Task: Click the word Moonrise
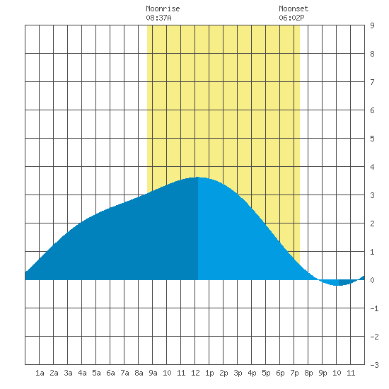click(163, 8)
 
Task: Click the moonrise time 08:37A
click(158, 18)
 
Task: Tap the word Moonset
click(294, 8)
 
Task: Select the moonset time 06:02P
click(291, 18)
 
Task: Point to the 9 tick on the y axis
click(372, 25)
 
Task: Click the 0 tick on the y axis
click(372, 280)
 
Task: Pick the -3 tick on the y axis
click(374, 365)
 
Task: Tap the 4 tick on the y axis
click(372, 167)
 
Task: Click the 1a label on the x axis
click(40, 373)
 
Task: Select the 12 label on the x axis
click(195, 373)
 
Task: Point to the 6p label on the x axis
click(280, 373)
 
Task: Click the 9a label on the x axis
click(153, 373)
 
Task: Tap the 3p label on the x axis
click(238, 373)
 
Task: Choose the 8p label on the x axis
click(308, 373)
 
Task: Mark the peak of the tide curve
click(198, 177)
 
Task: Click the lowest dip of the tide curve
click(338, 286)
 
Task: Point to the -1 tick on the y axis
click(374, 308)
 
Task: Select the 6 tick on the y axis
click(372, 110)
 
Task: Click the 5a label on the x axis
click(96, 373)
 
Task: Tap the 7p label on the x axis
click(294, 373)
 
